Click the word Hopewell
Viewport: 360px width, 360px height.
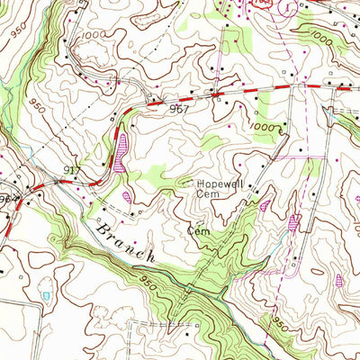[x=223, y=179]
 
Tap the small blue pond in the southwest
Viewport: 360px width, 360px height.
[x=46, y=294]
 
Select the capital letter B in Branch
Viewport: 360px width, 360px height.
[x=102, y=227]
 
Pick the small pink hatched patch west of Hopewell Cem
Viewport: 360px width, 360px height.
[x=127, y=195]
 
